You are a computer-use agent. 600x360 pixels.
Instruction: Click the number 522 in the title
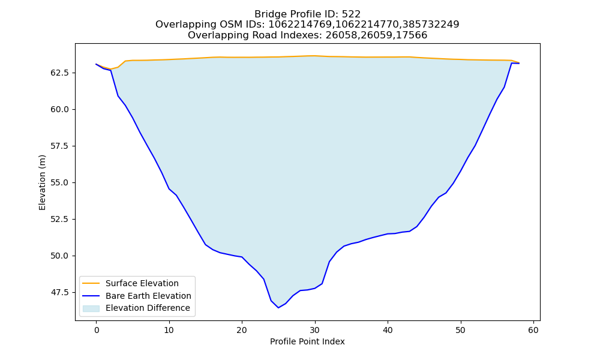pos(351,14)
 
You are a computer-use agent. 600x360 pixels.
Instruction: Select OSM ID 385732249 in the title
pos(430,25)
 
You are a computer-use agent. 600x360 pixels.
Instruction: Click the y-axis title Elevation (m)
pos(42,182)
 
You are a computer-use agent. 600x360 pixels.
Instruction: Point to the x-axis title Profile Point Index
pos(307,341)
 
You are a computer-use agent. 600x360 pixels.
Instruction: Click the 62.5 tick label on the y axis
pos(60,73)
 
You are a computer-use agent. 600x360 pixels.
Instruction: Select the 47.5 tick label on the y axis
pos(60,293)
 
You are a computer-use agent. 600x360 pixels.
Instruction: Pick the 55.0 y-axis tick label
pos(60,183)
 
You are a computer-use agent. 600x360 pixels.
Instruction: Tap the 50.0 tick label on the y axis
pos(60,256)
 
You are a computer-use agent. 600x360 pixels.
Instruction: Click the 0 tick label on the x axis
pos(96,330)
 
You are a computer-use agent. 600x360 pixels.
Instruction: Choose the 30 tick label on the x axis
pos(314,330)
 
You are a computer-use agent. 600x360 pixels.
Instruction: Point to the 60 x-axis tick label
pos(533,330)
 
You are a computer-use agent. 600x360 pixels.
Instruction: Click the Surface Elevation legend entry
pos(142,283)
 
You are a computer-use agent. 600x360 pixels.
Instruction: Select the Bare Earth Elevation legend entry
pos(148,296)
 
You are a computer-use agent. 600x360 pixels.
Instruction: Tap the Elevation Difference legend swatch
pos(91,308)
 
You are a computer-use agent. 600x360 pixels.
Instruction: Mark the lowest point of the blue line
pos(278,308)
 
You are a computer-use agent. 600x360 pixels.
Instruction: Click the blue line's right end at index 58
pos(519,63)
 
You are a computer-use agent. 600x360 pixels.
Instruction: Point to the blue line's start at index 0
pos(96,64)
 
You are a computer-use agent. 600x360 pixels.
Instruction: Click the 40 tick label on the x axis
pos(388,330)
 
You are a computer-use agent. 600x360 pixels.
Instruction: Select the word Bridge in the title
pos(268,14)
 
